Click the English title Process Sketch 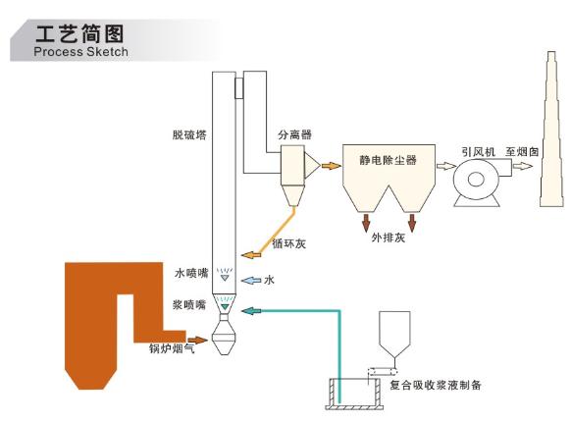[80, 51]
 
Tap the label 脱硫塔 [189, 135]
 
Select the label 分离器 [295, 134]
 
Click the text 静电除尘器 [388, 160]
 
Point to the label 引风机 [478, 151]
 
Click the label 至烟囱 [522, 151]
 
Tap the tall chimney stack [551, 130]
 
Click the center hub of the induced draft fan [476, 180]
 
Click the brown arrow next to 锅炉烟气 [197, 341]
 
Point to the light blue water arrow [251, 280]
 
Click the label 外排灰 [389, 238]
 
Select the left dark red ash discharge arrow [366, 223]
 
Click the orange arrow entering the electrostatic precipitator [332, 166]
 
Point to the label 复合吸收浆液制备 [436, 385]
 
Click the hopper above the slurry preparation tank [394, 334]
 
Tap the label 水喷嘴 [191, 273]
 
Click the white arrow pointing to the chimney [523, 166]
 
